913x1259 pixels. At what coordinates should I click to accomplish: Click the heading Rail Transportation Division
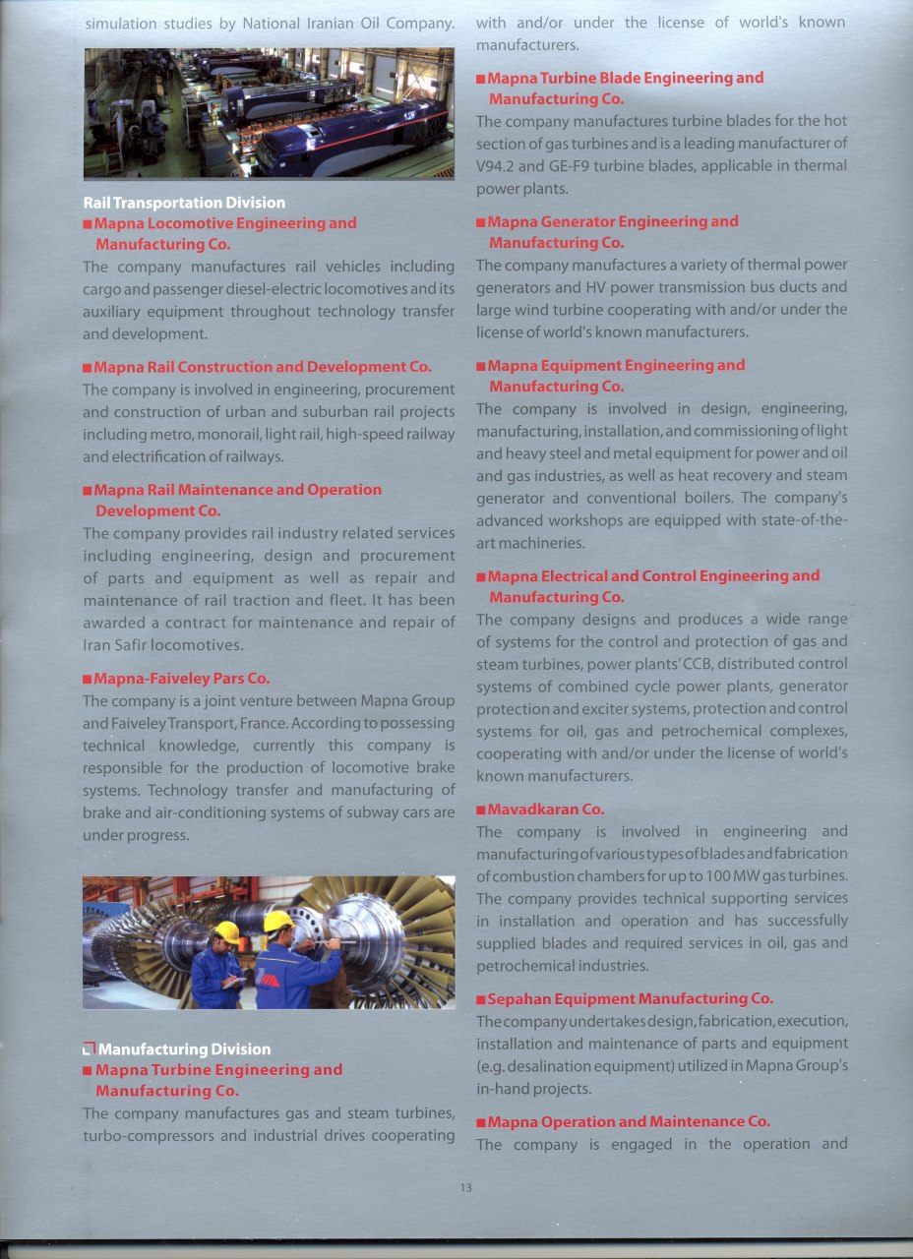(184, 203)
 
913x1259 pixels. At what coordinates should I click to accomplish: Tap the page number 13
(465, 1188)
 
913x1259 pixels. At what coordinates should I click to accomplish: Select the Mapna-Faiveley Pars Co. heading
(181, 679)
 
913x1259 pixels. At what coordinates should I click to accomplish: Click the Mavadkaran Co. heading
(546, 809)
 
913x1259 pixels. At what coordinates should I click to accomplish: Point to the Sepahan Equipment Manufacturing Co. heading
(631, 999)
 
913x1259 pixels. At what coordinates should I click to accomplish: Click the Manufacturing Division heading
(184, 1049)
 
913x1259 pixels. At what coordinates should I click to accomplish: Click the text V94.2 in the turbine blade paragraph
(499, 165)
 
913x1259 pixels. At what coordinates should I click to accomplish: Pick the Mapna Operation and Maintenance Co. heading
(629, 1121)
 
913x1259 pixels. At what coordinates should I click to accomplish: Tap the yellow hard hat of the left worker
(227, 930)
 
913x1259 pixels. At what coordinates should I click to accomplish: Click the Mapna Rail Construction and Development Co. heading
(263, 367)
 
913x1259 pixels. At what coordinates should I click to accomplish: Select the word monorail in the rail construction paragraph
(210, 434)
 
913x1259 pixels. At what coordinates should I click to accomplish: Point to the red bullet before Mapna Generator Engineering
(480, 222)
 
